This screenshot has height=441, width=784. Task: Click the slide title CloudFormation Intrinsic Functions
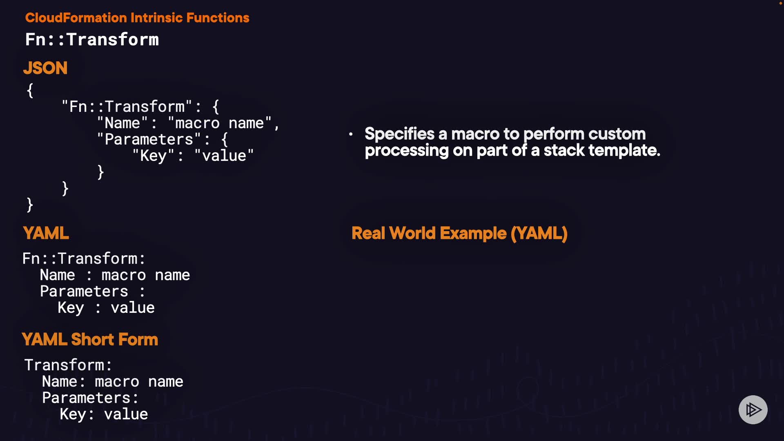coord(137,18)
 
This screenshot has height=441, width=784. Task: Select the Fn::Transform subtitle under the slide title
coord(92,40)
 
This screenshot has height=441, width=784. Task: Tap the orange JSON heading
coord(45,68)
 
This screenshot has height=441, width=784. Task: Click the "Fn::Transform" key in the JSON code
coord(127,107)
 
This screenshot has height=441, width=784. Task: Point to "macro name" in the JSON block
coord(219,123)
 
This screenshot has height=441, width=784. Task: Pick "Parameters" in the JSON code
coord(149,139)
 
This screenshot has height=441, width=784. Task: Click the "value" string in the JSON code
coord(224,156)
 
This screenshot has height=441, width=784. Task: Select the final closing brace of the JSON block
coord(29,204)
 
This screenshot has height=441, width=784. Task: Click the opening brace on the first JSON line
coord(30,90)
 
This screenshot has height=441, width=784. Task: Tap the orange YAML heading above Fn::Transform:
coord(46,233)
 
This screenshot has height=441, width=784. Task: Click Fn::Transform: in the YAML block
coord(84,258)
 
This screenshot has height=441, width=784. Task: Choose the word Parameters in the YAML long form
coord(84,291)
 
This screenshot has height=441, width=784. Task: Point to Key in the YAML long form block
coord(71,307)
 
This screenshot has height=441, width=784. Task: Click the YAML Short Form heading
coord(90,339)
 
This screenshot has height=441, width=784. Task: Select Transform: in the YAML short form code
coord(68,365)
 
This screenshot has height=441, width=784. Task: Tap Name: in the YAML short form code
coord(63,381)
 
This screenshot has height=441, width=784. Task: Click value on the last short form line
coord(126,414)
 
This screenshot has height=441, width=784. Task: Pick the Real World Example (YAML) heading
coord(459,233)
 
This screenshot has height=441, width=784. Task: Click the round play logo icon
coord(753,410)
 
